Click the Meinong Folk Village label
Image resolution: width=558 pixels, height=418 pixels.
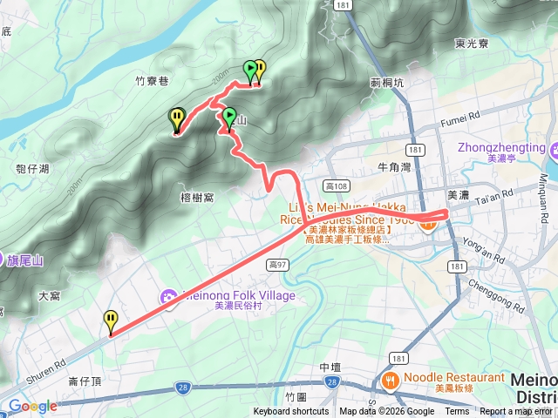click(237, 295)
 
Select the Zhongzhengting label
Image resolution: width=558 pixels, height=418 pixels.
click(497, 147)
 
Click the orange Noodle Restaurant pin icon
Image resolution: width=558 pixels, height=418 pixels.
click(389, 380)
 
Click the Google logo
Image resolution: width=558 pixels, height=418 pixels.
click(32, 406)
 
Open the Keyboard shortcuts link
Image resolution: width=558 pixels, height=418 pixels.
click(291, 412)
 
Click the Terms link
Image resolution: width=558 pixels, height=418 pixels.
click(458, 412)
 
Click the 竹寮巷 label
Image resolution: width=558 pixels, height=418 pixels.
click(151, 79)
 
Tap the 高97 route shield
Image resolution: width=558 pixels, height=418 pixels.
click(278, 264)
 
